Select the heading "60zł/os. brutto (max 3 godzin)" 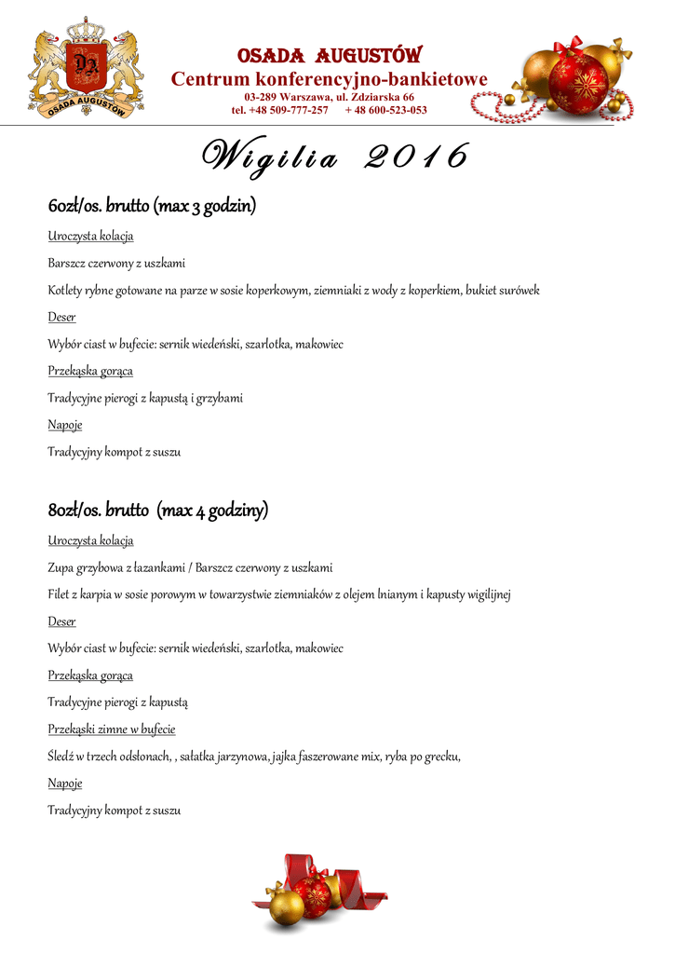click(152, 205)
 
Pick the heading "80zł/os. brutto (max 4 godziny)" click(158, 510)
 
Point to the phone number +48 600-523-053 click(385, 110)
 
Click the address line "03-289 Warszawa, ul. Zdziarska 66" click(329, 97)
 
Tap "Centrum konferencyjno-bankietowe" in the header click(329, 80)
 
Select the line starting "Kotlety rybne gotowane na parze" click(293, 291)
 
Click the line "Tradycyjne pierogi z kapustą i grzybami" click(145, 398)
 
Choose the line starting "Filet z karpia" click(279, 594)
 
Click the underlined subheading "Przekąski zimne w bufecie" click(112, 729)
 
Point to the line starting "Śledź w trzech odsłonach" click(254, 756)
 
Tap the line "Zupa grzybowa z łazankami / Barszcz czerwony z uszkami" click(190, 567)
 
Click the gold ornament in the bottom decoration click(286, 905)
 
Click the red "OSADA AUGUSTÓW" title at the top click(330, 56)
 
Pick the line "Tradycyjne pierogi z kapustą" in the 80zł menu click(118, 702)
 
